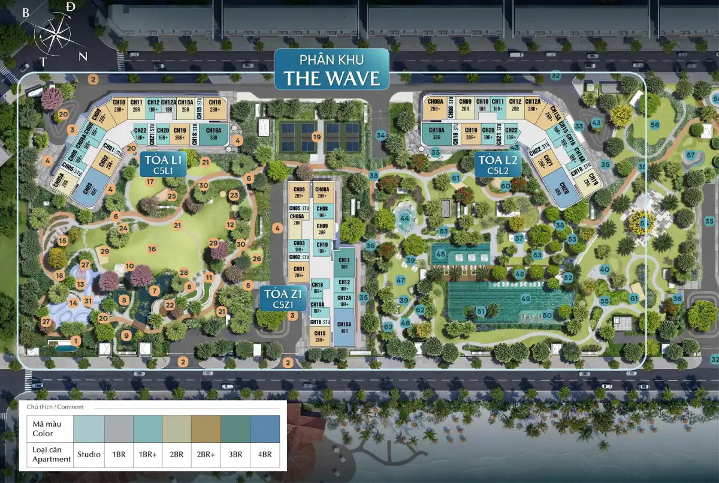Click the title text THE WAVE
pyautogui.click(x=331, y=78)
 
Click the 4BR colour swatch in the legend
pyautogui.click(x=265, y=429)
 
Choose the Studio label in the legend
pyautogui.click(x=88, y=454)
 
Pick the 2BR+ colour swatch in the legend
pyautogui.click(x=206, y=429)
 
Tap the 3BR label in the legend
pyautogui.click(x=235, y=454)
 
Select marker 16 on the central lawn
pyautogui.click(x=152, y=248)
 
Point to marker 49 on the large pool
pyautogui.click(x=525, y=298)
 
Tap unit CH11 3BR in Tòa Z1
pyautogui.click(x=344, y=263)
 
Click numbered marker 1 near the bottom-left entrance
pyautogui.click(x=76, y=340)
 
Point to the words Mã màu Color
pyautogui.click(x=43, y=429)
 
